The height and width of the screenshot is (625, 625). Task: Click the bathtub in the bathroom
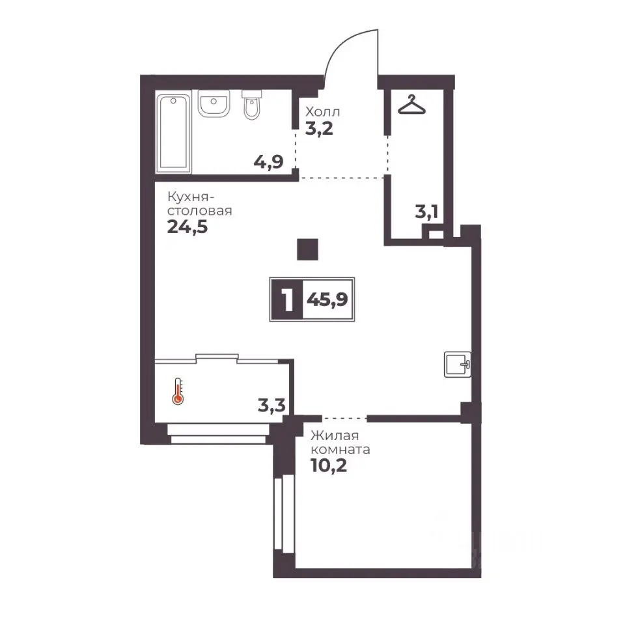click(173, 133)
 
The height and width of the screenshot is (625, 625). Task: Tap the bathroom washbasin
click(214, 104)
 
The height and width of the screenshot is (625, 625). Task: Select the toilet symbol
click(251, 104)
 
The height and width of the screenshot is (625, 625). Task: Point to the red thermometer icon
click(178, 391)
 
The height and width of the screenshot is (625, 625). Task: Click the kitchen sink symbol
click(458, 364)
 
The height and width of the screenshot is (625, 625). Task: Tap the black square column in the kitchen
click(308, 249)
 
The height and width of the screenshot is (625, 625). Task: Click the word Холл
click(322, 111)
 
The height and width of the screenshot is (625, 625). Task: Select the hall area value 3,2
click(319, 129)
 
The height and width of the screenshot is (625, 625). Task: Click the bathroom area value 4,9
click(268, 162)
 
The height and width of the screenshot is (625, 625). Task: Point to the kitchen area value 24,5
click(187, 227)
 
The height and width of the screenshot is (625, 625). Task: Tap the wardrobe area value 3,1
click(426, 212)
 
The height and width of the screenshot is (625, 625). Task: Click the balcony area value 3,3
click(271, 406)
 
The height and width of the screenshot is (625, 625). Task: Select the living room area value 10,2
click(329, 465)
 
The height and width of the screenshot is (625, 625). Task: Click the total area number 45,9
click(327, 299)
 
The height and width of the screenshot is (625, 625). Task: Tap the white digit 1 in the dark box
click(287, 299)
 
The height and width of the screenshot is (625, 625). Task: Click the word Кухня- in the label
click(191, 197)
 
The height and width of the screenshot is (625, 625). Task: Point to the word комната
click(340, 450)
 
